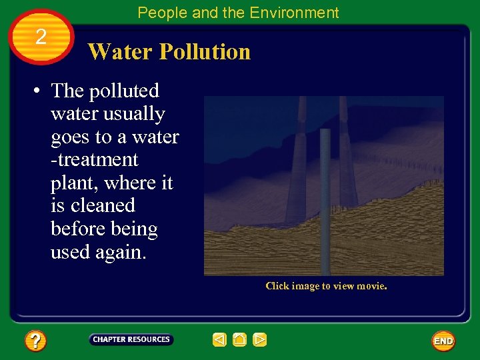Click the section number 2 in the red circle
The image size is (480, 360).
click(41, 37)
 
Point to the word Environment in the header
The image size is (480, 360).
click(299, 13)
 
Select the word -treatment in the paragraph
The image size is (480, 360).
click(95, 160)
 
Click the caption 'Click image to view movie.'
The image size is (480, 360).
click(326, 286)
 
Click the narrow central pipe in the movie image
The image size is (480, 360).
click(325, 200)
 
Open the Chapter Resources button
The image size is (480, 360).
click(131, 340)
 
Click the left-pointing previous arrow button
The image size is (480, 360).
click(220, 340)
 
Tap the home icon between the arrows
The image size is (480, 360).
click(240, 340)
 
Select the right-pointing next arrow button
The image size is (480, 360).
click(260, 340)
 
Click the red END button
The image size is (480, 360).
click(443, 341)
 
